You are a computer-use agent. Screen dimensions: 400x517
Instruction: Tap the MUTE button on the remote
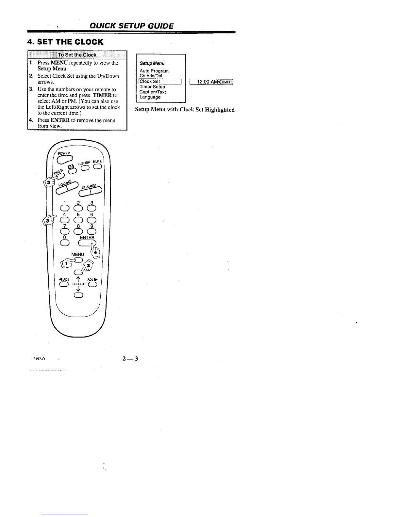(97, 166)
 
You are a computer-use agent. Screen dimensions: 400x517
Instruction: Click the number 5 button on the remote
(78, 220)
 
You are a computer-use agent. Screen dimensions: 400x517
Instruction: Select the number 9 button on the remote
(92, 231)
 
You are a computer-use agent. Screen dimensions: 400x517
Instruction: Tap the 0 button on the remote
(65, 243)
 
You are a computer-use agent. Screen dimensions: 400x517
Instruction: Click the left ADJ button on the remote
(64, 284)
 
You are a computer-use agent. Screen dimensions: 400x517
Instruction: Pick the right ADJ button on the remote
(93, 284)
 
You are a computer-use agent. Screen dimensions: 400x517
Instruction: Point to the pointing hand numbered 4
(95, 251)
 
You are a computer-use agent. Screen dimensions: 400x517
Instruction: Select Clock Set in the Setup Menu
(150, 81)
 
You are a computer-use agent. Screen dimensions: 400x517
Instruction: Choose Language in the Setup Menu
(150, 97)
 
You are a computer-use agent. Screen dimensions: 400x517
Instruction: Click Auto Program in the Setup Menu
(154, 71)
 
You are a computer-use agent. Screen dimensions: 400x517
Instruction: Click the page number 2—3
(130, 359)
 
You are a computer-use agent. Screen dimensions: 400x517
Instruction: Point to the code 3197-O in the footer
(39, 359)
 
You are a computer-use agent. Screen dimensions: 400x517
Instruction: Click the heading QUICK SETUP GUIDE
(131, 26)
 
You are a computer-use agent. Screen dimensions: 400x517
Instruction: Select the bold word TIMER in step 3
(102, 95)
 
